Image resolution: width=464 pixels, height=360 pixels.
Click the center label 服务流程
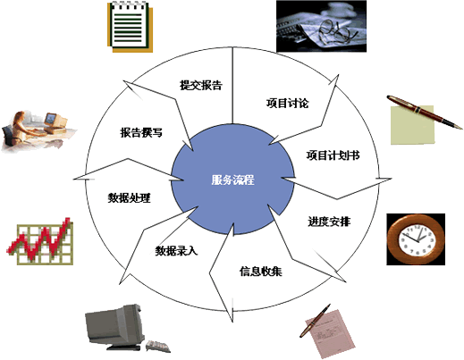pyautogui.click(x=232, y=180)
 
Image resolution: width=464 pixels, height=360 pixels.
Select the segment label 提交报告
pyautogui.click(x=201, y=85)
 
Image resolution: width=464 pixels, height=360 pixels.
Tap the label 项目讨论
pyautogui.click(x=287, y=104)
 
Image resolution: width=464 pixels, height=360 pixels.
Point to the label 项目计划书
pyautogui.click(x=333, y=155)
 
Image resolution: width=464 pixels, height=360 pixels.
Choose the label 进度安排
pyautogui.click(x=329, y=222)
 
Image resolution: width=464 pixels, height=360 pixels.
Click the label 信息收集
pyautogui.click(x=261, y=272)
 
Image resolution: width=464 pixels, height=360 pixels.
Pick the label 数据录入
pyautogui.click(x=176, y=251)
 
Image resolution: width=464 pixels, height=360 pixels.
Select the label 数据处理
pyautogui.click(x=130, y=197)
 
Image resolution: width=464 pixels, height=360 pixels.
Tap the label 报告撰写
pyautogui.click(x=141, y=132)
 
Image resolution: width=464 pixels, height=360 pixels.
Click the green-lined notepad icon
pyautogui.click(x=130, y=27)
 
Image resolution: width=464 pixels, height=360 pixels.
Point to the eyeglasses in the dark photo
pyautogui.click(x=337, y=30)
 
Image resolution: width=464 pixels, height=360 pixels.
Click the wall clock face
pyautogui.click(x=416, y=239)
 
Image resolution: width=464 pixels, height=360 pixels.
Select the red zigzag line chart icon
pyautogui.click(x=40, y=241)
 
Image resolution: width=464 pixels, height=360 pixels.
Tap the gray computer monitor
pyautogui.click(x=114, y=326)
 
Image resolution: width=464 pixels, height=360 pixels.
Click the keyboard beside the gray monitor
pyautogui.click(x=158, y=347)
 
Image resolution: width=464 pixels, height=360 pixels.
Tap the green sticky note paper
pyautogui.click(x=412, y=125)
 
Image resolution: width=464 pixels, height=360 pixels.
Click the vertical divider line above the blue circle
pyautogui.click(x=232, y=85)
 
